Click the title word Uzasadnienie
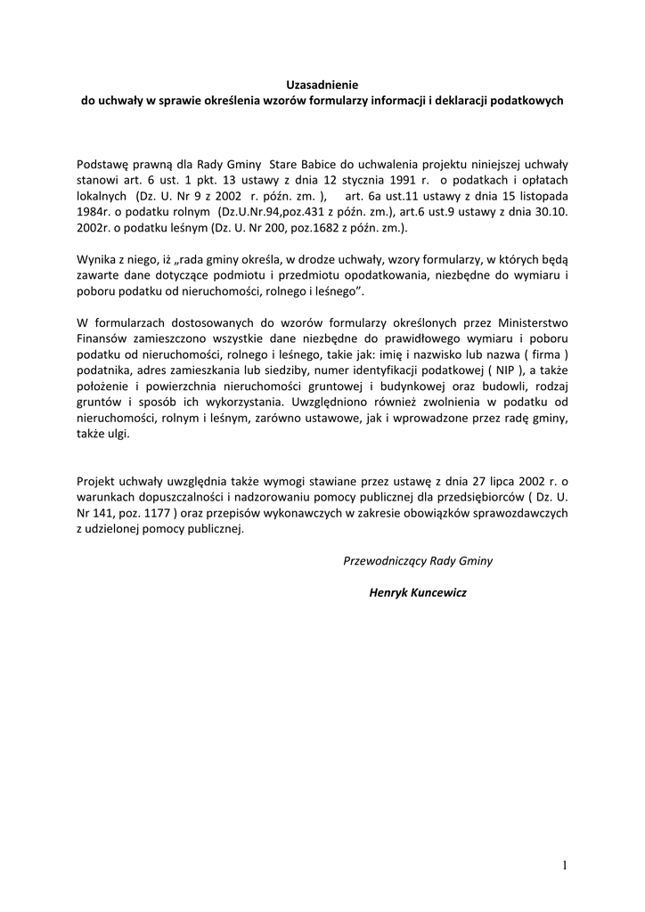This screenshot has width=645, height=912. pyautogui.click(x=322, y=85)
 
